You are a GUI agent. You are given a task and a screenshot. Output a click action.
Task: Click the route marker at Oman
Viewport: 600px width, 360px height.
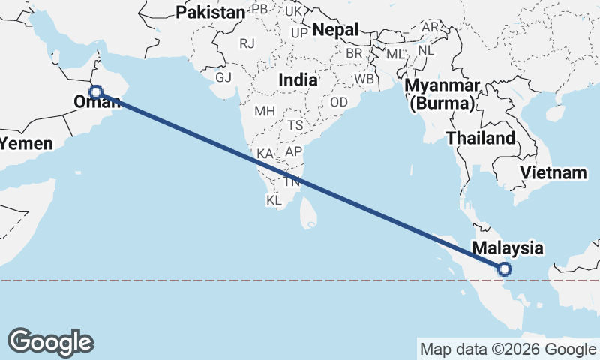[95, 91]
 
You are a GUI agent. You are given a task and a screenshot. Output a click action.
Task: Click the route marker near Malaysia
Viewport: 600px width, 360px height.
[505, 269]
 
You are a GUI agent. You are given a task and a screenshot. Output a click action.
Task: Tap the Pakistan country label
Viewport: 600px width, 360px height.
[210, 12]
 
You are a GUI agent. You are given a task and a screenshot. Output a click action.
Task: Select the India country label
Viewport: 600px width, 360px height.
[297, 79]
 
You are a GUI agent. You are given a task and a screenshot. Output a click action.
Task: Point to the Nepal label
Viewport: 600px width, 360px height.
[335, 29]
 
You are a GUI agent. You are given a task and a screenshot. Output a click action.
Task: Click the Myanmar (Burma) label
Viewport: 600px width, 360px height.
[442, 94]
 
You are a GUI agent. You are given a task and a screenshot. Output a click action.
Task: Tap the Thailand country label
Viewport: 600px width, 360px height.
[480, 138]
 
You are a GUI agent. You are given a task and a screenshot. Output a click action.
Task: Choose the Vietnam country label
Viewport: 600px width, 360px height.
[553, 172]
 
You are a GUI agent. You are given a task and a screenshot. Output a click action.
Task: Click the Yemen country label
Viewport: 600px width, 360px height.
[27, 143]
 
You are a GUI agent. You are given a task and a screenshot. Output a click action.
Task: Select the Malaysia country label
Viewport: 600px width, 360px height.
[507, 247]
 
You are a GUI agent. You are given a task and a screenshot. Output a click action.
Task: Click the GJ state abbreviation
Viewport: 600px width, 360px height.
[223, 77]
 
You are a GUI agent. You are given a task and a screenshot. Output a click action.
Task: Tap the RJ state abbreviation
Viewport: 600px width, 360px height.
[247, 43]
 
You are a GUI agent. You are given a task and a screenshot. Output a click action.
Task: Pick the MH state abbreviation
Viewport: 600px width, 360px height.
[265, 111]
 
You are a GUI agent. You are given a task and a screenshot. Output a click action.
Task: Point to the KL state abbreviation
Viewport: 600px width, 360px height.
[274, 201]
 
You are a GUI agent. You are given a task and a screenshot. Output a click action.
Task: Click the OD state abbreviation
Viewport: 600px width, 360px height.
[339, 102]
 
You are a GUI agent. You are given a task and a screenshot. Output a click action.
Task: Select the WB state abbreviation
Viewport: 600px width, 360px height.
[364, 78]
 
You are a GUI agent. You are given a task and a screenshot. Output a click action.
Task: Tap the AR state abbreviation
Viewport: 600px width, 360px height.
[430, 27]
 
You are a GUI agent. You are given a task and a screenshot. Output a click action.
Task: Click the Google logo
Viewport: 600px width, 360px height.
[50, 342]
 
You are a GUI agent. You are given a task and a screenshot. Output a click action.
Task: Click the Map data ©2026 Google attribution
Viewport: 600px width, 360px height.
[508, 349]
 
